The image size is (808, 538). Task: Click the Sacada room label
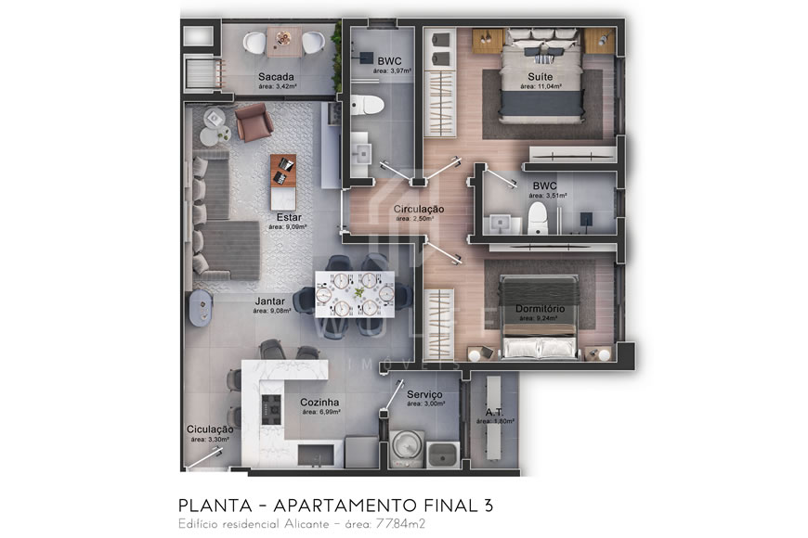(x=277, y=76)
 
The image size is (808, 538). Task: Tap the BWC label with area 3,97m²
(x=389, y=61)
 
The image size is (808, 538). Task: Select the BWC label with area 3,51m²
(x=543, y=185)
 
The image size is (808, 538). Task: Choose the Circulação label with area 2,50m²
(x=419, y=210)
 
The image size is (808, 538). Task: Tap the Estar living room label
(x=289, y=217)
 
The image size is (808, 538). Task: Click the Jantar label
(x=270, y=301)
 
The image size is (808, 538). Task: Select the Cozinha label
(x=319, y=403)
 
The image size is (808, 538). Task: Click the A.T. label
(x=494, y=412)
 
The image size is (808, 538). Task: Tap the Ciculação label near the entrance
(x=210, y=429)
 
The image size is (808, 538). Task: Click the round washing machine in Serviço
(x=404, y=446)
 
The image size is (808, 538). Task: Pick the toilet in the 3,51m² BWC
(x=537, y=219)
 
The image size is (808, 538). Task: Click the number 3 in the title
(x=488, y=506)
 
